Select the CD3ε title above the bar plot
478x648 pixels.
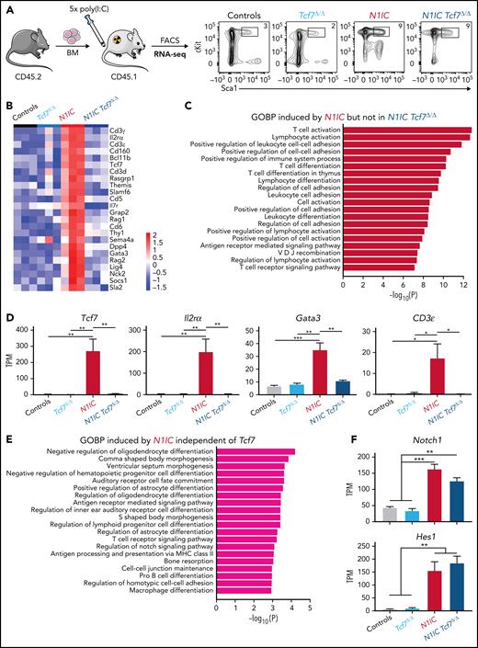[x=407, y=298]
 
